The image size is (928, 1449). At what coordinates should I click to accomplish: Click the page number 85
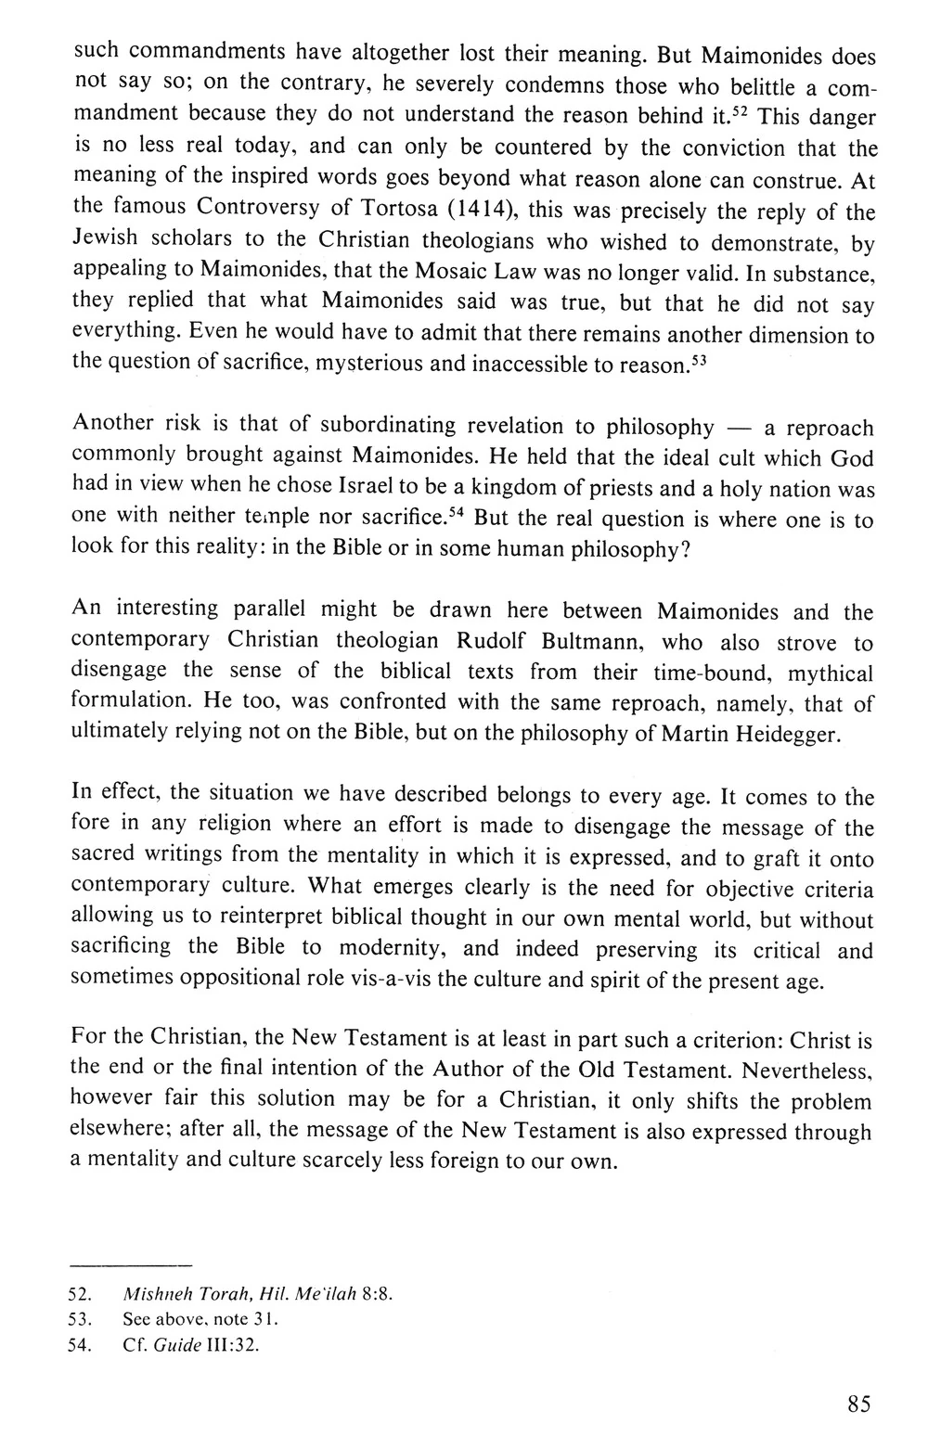point(858,1404)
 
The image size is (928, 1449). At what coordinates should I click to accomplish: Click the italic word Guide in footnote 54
point(182,1346)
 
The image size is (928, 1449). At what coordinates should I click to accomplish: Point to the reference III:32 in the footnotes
point(231,1346)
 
